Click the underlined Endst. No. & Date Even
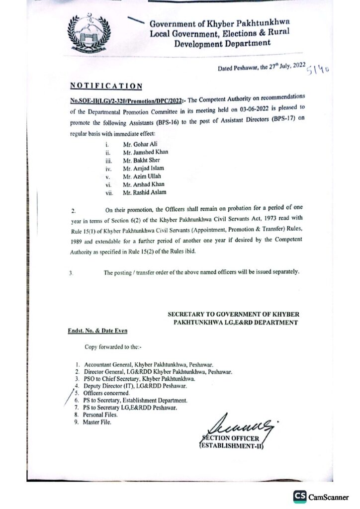97,330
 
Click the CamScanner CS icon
299,496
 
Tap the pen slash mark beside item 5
69,398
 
